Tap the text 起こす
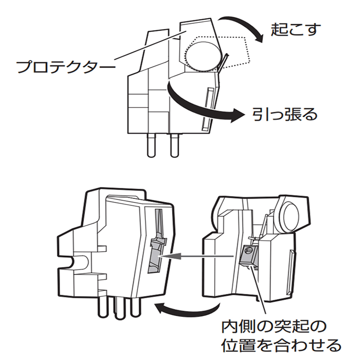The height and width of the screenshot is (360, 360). [x=295, y=30]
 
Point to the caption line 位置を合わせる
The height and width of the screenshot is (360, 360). [x=280, y=345]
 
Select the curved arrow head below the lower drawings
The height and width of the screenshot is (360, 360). [x=159, y=309]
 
